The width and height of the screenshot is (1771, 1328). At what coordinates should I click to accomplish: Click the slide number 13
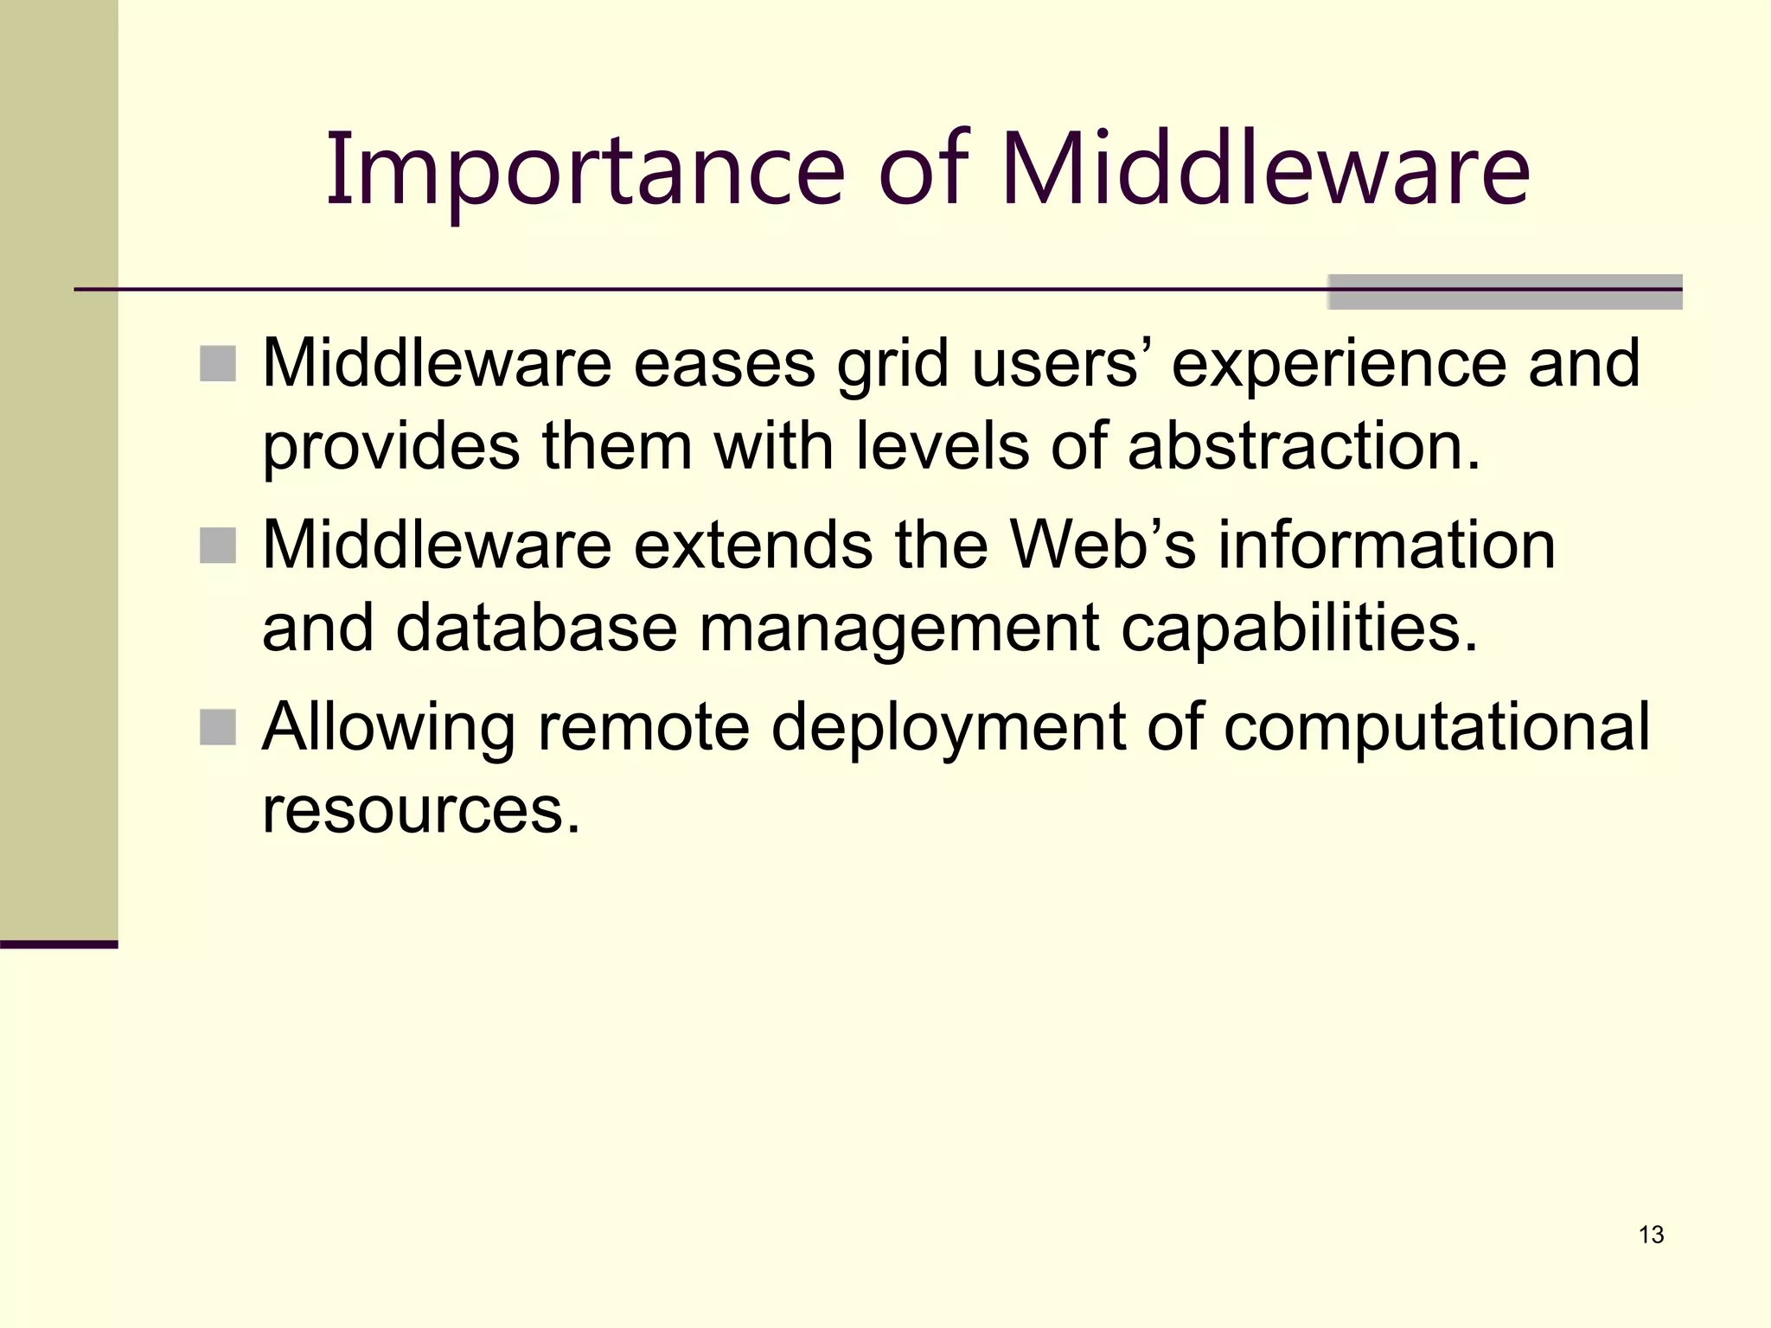[x=1651, y=1235]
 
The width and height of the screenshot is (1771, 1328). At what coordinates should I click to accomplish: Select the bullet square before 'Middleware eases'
[x=218, y=364]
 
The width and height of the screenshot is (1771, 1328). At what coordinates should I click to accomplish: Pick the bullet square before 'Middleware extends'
[x=218, y=546]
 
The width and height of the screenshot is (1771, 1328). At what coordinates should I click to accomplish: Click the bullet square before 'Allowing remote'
[x=218, y=727]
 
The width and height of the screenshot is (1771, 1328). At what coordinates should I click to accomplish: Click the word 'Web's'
[x=1103, y=546]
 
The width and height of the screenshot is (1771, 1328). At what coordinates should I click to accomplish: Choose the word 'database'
[x=536, y=628]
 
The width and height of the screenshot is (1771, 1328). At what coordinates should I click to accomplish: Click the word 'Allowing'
[x=388, y=727]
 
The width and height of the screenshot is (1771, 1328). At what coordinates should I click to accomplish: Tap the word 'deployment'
[x=949, y=727]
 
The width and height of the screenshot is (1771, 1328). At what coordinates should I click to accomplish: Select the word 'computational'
[x=1436, y=727]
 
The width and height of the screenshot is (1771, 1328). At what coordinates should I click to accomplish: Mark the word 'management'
[x=899, y=628]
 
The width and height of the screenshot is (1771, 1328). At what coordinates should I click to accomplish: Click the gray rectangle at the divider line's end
[x=1505, y=292]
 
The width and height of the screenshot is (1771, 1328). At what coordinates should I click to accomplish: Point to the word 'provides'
[x=391, y=446]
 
